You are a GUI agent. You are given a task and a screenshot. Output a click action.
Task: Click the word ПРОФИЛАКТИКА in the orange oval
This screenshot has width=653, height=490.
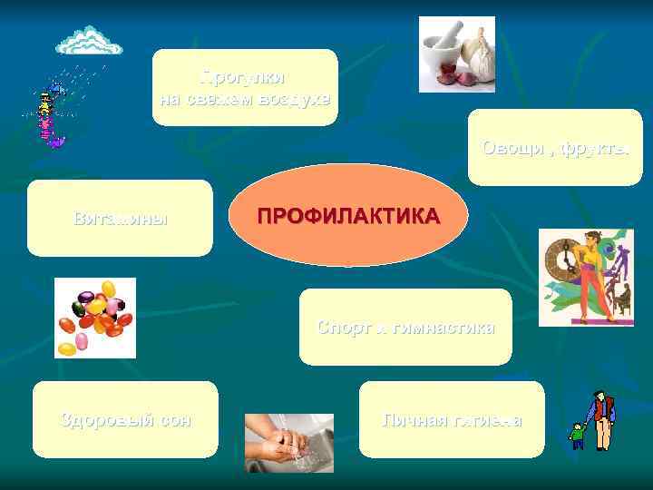pos(347,217)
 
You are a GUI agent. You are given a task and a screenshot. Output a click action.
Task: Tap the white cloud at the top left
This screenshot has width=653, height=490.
pos(88,40)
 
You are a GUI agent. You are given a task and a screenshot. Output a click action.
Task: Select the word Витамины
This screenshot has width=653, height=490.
pos(120,219)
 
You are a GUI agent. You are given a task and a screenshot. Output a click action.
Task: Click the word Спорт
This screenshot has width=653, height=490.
pos(341,328)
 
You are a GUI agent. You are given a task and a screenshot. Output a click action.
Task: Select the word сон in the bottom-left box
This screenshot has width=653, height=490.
pos(170,420)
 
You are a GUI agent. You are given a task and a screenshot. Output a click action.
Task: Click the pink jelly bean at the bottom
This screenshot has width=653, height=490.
pos(81,342)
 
